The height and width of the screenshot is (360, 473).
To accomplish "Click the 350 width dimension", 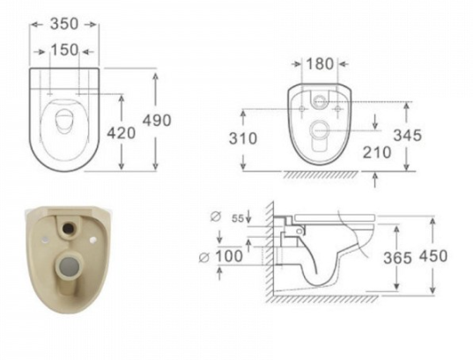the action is (64, 24).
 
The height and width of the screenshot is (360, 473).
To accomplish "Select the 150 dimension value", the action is (64, 50).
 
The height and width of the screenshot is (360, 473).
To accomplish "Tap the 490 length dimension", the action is (157, 121).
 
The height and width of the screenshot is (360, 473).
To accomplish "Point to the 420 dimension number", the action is (122, 133).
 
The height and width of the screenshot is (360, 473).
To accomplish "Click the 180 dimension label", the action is (320, 64).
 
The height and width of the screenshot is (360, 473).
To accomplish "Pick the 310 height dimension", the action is (243, 138).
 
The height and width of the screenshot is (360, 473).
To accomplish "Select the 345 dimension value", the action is (407, 136).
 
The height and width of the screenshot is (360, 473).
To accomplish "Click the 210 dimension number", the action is (377, 152).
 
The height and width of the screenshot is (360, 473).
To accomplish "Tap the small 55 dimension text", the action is (238, 218).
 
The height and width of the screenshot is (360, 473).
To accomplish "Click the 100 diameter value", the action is (229, 256).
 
